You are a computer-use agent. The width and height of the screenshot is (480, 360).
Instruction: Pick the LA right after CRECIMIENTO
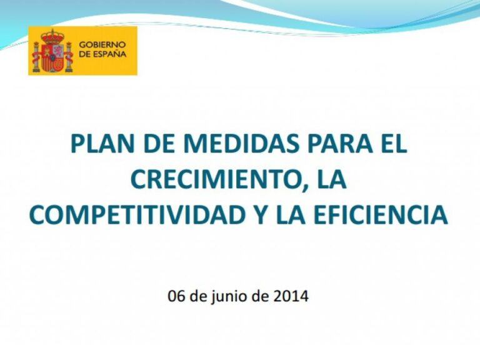click(330, 179)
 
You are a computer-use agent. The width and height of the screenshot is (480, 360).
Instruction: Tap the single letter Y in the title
click(262, 215)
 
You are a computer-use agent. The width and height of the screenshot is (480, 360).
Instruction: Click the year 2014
click(291, 296)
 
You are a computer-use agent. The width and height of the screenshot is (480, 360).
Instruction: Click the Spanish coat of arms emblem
click(53, 52)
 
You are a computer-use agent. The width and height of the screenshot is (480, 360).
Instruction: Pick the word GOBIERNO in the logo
click(102, 45)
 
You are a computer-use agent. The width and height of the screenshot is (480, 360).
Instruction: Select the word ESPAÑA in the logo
click(109, 54)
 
